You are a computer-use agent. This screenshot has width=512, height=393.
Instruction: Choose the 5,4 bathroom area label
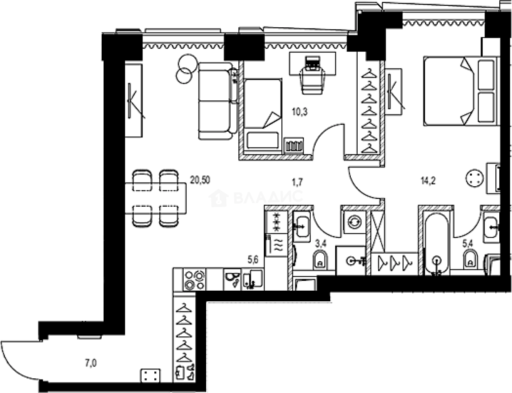coord(467,244)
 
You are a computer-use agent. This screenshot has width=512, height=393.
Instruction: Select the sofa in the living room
coord(216,100)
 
